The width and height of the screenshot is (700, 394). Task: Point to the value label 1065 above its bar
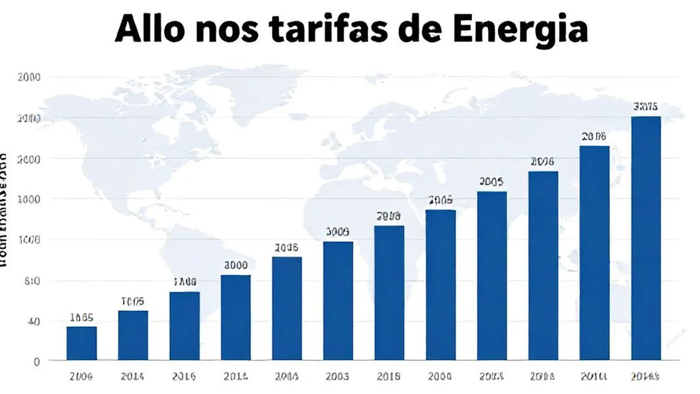pyautogui.click(x=82, y=318)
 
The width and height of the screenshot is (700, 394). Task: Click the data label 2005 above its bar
pyautogui.click(x=491, y=182)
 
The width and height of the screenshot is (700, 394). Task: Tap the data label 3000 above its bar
pyautogui.click(x=236, y=265)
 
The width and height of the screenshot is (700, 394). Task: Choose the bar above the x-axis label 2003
pyautogui.click(x=338, y=301)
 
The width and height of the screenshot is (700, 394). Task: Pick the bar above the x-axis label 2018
pyautogui.click(x=389, y=292)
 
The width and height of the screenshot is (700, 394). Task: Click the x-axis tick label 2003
pyautogui.click(x=338, y=377)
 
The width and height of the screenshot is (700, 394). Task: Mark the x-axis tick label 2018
pyautogui.click(x=389, y=377)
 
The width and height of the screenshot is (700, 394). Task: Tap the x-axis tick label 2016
pyautogui.click(x=184, y=377)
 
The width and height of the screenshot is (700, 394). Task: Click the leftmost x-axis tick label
pyautogui.click(x=82, y=377)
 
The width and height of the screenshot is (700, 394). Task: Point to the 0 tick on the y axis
pyautogui.click(x=36, y=361)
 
